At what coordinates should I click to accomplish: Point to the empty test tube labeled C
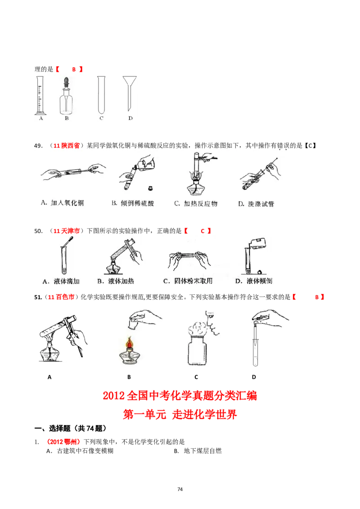101,94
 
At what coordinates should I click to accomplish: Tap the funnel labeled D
129,90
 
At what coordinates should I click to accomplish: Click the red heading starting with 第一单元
180,414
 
